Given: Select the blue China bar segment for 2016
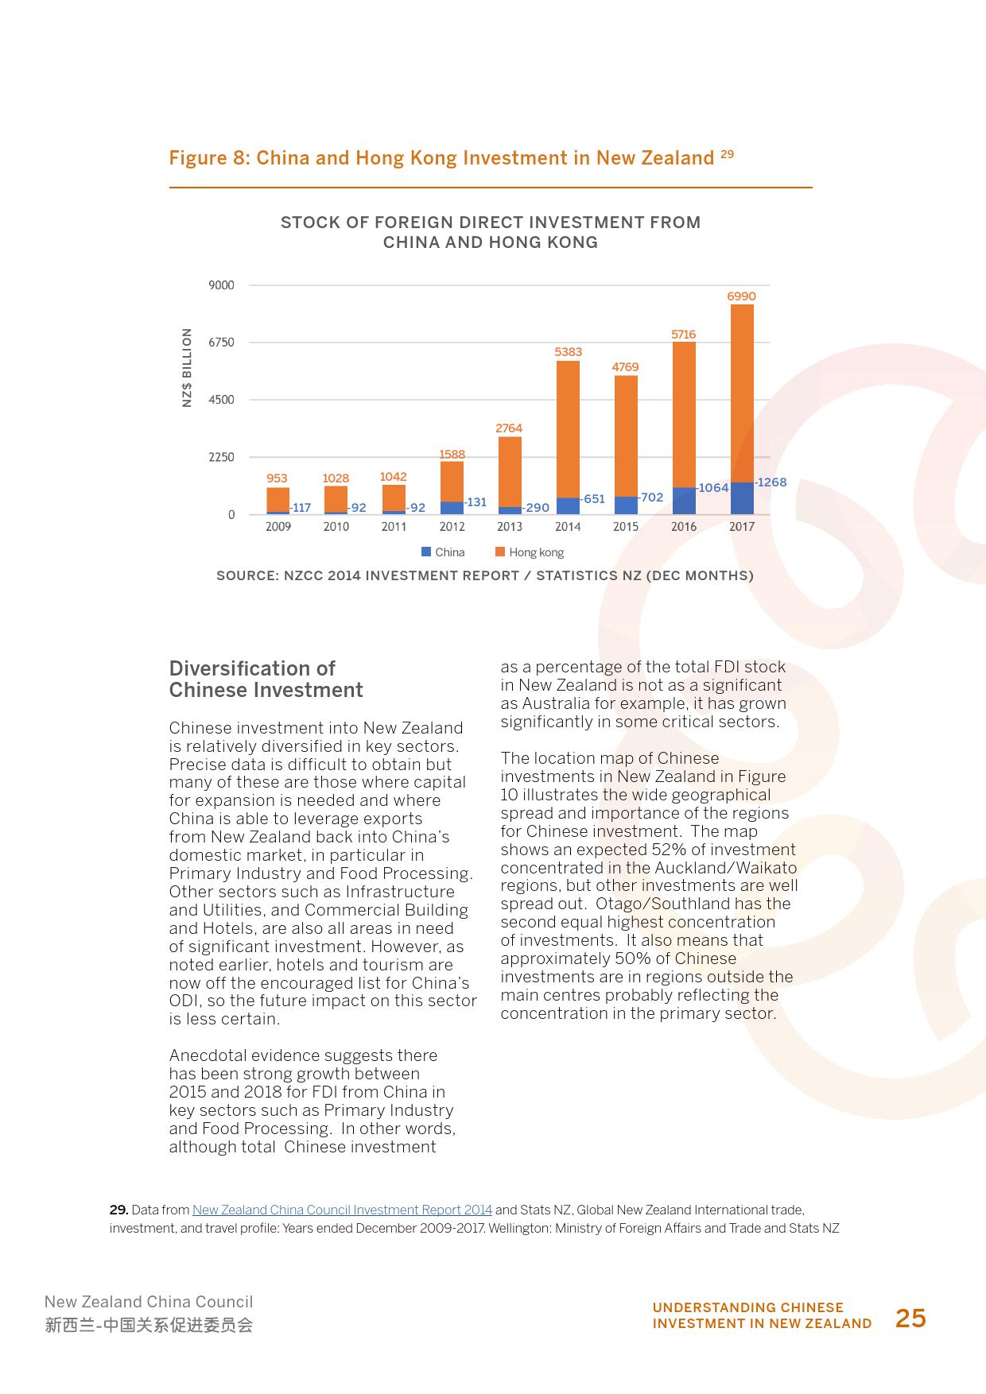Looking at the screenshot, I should [684, 501].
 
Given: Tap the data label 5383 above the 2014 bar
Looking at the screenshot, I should [568, 351].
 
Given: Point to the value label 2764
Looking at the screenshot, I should [509, 428].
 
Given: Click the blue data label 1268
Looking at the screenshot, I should [771, 482].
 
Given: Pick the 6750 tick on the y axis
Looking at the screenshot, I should [221, 343].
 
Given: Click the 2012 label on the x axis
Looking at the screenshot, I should [452, 526].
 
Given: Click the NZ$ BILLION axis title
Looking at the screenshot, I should [188, 367].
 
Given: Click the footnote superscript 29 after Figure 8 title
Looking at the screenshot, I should [727, 154].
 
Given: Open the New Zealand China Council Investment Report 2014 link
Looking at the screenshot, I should [342, 1210].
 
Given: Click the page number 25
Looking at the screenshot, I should [910, 1318].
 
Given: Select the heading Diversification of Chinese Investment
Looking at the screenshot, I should [266, 679].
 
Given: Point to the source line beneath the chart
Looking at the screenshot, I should [484, 575].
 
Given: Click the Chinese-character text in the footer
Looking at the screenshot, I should [149, 1325].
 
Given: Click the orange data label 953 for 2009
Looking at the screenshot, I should [277, 478].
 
